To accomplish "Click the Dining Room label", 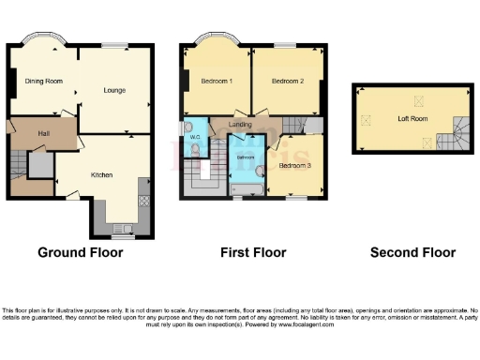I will (44, 82).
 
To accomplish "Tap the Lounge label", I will (114, 91).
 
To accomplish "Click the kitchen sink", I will (121, 228).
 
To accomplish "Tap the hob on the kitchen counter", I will (143, 200).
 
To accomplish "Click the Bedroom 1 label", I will (217, 82).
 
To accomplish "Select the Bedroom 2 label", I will (288, 82).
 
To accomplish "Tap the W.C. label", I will (196, 140).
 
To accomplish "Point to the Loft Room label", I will (413, 119).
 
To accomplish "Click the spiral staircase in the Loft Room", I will (460, 133).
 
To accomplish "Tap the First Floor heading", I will (252, 252).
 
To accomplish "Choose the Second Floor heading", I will (412, 252).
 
